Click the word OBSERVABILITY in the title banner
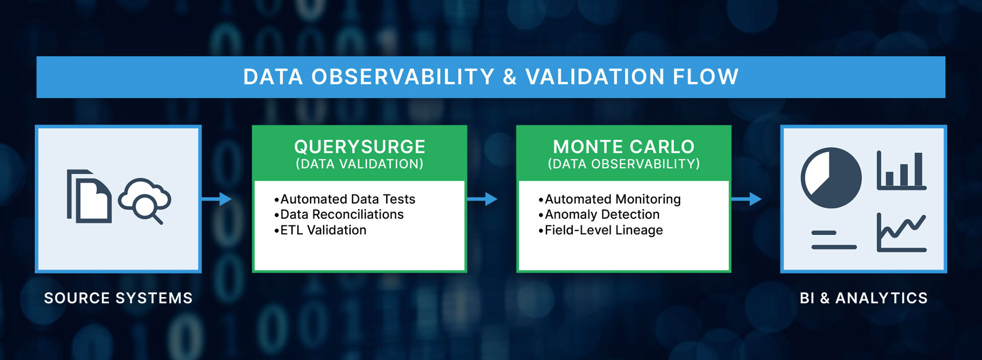[403, 77]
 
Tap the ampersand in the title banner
[510, 77]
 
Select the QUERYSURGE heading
[360, 147]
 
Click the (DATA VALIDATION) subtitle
[360, 164]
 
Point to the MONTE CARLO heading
[624, 147]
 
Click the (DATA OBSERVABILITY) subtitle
[624, 164]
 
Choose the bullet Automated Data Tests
[345, 199]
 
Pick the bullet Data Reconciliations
[339, 214]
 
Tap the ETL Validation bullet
[320, 230]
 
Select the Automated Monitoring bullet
[610, 199]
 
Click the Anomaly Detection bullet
[599, 214]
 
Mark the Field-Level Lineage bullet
[600, 230]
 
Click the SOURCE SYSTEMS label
[118, 298]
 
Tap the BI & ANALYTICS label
[864, 298]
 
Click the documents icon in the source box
[89, 196]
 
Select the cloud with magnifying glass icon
[145, 200]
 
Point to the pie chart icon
[831, 178]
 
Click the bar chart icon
[902, 170]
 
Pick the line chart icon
[902, 233]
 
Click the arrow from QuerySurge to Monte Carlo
[482, 199]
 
